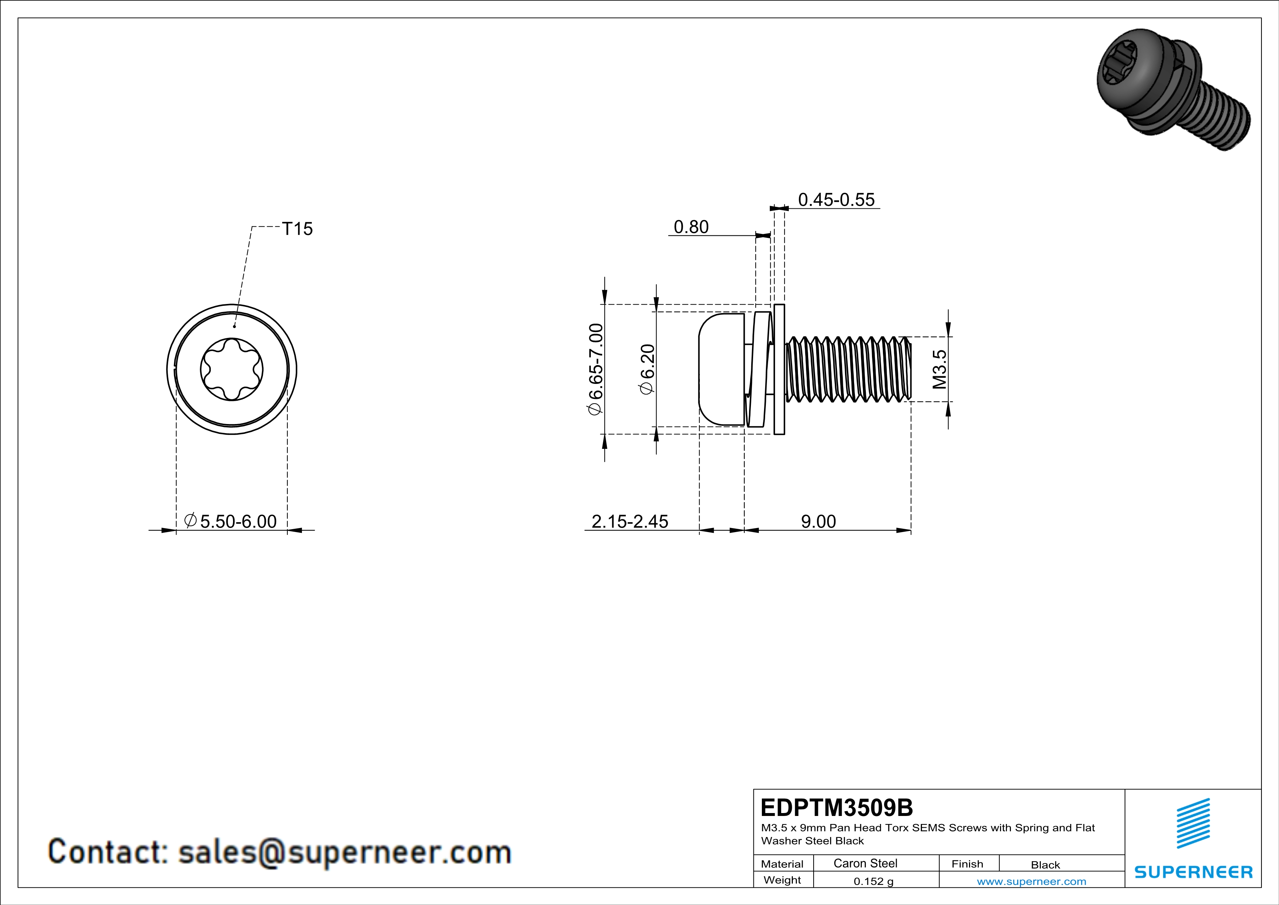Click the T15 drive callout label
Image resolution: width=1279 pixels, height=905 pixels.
[x=298, y=229]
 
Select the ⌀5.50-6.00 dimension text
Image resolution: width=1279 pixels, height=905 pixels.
[x=230, y=521]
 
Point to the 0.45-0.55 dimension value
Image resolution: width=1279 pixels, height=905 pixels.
[x=836, y=200]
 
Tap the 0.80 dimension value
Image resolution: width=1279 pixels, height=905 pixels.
[x=691, y=227]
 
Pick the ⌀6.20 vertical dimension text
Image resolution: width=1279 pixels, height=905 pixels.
[x=647, y=369]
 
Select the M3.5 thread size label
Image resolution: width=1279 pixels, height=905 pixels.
[x=939, y=369]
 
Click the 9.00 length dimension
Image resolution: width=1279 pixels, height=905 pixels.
[x=818, y=521]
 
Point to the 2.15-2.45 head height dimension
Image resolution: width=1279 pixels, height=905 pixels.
[x=629, y=521]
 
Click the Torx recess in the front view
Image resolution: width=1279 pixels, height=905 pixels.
[x=232, y=369]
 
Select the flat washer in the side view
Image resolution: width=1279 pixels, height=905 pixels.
[x=779, y=369]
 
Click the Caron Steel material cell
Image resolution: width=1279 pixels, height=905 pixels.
[x=865, y=863]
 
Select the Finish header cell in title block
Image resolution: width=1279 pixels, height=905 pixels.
[x=967, y=864]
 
